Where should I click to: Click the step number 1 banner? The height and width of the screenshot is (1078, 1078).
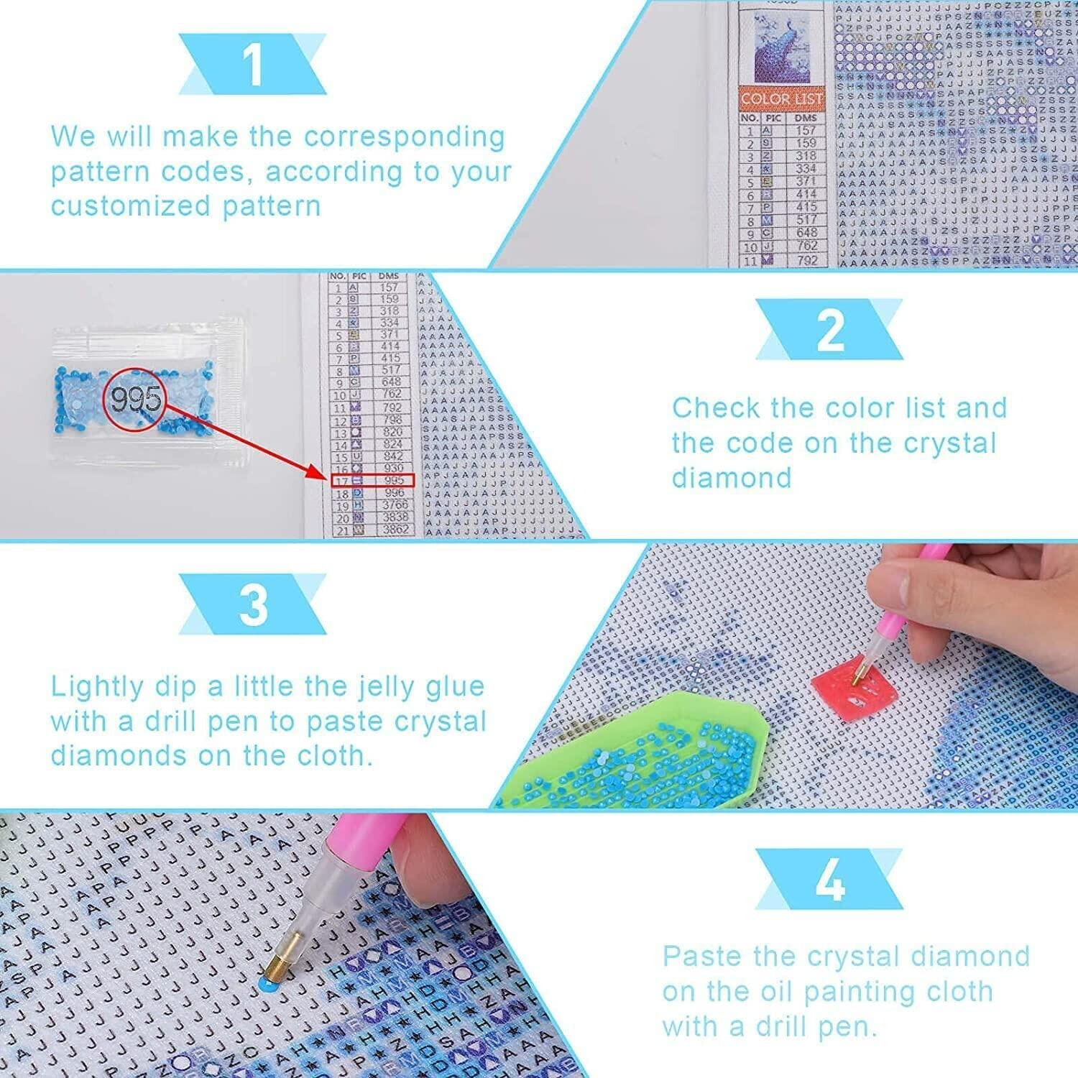tap(252, 65)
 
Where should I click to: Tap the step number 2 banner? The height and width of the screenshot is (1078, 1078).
tap(829, 330)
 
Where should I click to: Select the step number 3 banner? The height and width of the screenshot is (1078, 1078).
tap(252, 604)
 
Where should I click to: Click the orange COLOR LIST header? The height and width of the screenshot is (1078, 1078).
tap(780, 98)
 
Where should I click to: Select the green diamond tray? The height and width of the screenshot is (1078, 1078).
tap(632, 751)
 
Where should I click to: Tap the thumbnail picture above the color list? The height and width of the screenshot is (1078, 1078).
tap(778, 51)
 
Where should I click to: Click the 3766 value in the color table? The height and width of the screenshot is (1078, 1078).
tap(394, 505)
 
